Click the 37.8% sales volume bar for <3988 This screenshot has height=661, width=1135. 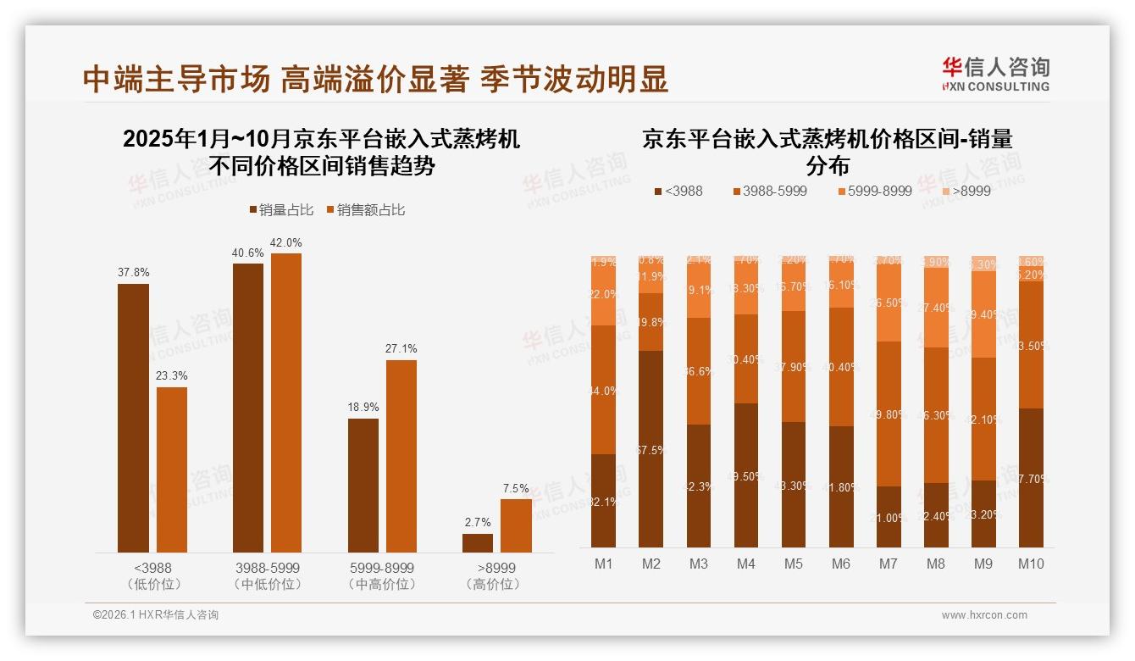[x=133, y=418]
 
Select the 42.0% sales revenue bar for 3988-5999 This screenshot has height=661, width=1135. [x=285, y=403]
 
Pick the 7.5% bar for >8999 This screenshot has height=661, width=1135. [x=516, y=525]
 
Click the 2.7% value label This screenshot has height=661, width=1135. [x=478, y=523]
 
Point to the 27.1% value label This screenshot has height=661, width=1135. [x=401, y=348]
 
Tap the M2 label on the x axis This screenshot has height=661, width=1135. [x=651, y=564]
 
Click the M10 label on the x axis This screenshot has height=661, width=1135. [x=1031, y=564]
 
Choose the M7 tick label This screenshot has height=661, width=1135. [x=889, y=564]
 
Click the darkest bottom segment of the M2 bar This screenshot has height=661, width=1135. [x=651, y=449]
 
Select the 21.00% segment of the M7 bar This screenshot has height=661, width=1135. [x=889, y=517]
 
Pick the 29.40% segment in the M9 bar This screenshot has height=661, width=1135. [x=983, y=314]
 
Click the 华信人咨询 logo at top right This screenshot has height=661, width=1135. [x=995, y=74]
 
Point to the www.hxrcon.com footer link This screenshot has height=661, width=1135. [x=983, y=615]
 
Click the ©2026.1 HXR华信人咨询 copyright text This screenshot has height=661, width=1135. [x=156, y=615]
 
